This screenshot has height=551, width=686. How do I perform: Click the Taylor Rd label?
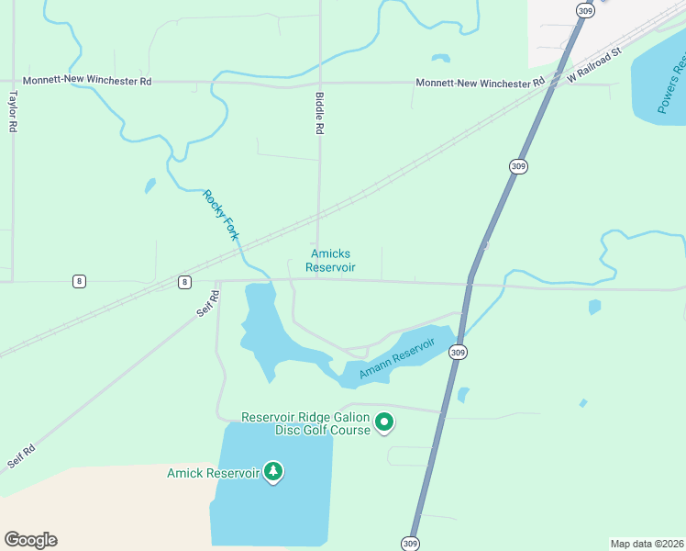13,111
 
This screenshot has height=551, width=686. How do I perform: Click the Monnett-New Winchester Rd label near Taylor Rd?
87,81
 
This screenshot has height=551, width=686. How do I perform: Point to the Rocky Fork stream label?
221,215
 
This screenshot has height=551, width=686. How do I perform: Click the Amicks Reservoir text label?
330,261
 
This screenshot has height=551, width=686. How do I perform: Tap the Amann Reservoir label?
396,359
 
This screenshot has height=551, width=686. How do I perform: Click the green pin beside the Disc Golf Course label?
385,423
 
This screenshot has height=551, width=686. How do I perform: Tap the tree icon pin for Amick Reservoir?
272,472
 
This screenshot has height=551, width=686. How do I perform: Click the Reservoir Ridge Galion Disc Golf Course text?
304,423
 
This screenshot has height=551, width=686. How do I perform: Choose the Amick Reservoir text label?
213,473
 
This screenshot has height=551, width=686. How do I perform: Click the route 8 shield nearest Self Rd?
185,281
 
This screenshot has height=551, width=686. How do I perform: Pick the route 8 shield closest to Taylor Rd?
80,281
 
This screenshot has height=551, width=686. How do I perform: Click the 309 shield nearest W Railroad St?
584,9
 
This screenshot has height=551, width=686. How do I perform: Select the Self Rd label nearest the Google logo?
22,456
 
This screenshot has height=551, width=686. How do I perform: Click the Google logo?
30,540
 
